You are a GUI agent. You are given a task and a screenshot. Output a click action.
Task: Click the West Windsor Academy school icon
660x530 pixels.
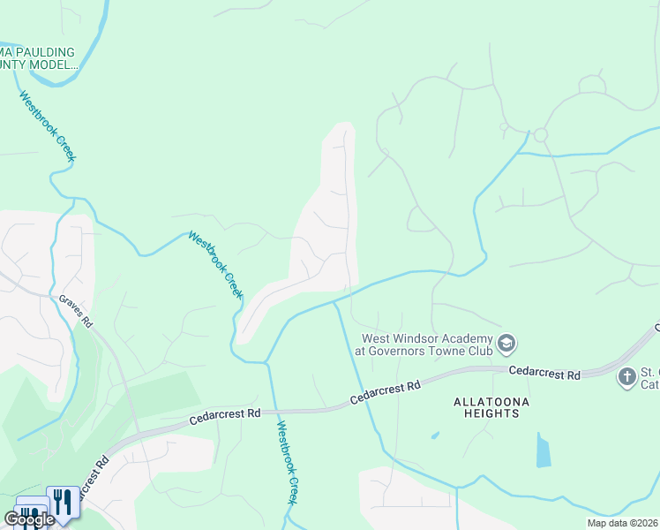coord(506,342)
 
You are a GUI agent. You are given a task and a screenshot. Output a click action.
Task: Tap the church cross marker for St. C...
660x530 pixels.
coord(626,377)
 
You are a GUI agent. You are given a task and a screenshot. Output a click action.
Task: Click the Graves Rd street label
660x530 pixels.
coord(76,311)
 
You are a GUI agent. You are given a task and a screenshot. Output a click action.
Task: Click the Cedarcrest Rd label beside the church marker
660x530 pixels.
coord(544,374)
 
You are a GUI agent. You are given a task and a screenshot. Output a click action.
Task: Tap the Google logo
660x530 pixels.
coord(29,519)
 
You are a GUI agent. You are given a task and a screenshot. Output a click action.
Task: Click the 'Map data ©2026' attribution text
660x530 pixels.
coord(622,523)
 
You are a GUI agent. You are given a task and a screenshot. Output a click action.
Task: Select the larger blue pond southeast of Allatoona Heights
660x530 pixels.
coord(543,450)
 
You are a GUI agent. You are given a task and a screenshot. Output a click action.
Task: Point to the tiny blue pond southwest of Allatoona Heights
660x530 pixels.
coord(434,435)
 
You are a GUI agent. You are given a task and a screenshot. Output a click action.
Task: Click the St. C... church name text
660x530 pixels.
coord(649,377)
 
